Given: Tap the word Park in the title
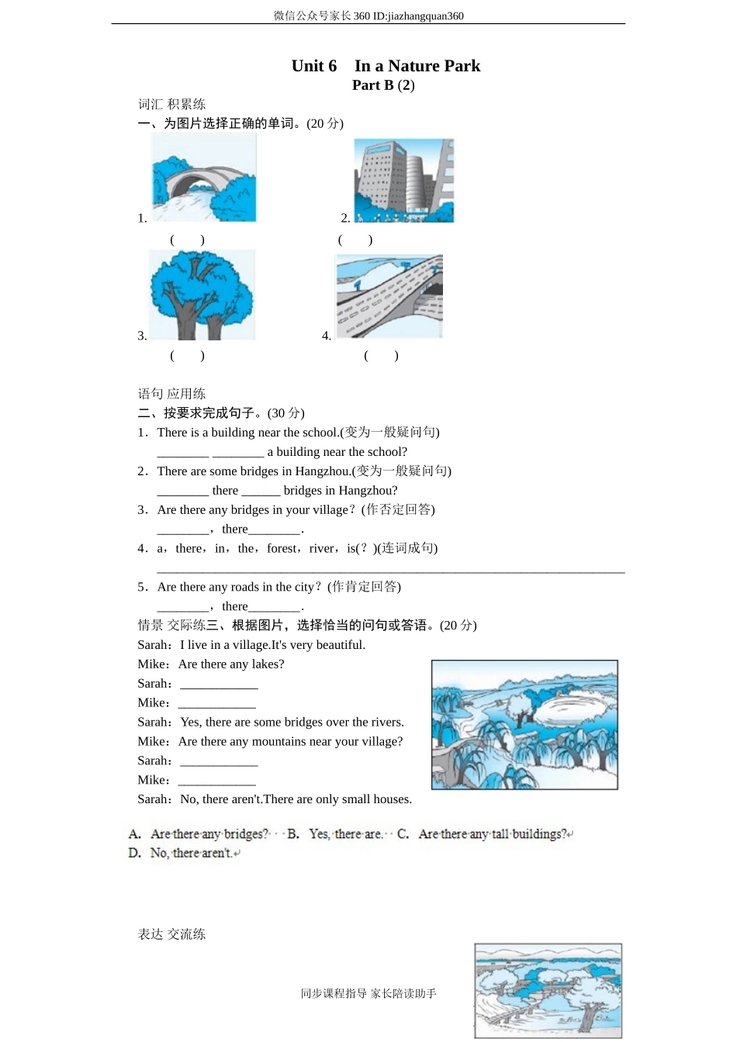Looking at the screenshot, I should coord(462,66).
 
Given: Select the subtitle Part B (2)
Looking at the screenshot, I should coord(383,85).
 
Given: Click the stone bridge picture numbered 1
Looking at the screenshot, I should coord(204,178).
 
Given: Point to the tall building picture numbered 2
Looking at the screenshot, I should coord(403,181).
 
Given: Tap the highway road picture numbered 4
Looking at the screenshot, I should coord(389,297).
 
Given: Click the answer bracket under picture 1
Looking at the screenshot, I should coord(187,240).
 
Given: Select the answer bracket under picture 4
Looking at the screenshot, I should coord(381,356).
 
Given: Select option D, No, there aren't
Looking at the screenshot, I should coord(185,854).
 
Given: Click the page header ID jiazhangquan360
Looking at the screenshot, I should coord(418,16).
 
